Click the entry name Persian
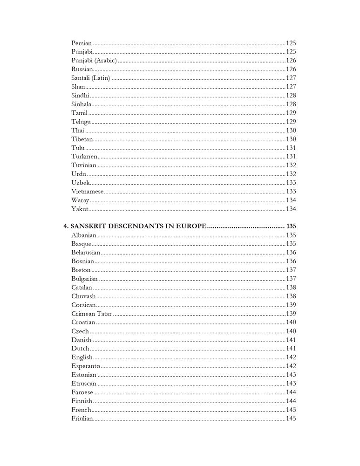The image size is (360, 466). tap(82, 42)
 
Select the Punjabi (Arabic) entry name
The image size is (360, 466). tap(94, 60)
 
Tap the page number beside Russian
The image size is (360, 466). tap(291, 69)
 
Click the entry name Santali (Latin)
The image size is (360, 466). tap(91, 78)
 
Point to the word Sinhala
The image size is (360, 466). tap(82, 104)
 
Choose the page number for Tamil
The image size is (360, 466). tap(291, 113)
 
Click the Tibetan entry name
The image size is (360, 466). tap(82, 139)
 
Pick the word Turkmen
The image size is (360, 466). tap(84, 156)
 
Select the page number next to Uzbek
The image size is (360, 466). tap(291, 183)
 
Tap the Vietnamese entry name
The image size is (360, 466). tap(87, 191)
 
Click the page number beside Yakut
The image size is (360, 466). tap(291, 209)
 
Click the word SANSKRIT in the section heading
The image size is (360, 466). tap(88, 226)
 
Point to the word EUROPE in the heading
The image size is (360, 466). tap(189, 226)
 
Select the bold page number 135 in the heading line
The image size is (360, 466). tap(291, 226)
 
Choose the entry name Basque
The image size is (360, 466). tap(81, 244)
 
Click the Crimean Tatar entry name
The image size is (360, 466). tap(92, 314)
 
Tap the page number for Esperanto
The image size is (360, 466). tap(291, 366)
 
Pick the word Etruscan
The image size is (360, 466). tap(84, 384)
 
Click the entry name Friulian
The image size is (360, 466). tap(82, 418)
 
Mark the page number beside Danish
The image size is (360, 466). tap(291, 340)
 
